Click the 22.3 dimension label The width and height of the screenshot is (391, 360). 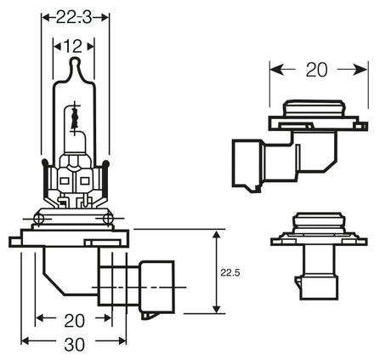[76, 14]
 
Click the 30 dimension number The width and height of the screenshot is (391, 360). [76, 344]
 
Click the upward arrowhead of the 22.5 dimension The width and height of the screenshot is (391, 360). [218, 232]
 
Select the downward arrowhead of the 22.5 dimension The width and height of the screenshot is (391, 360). [218, 309]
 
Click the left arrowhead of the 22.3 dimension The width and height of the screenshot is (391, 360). [45, 14]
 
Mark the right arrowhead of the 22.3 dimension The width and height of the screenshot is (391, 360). [107, 14]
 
